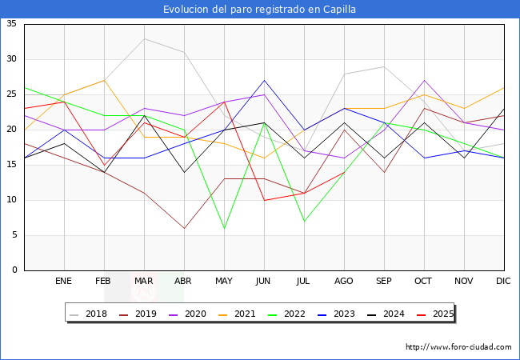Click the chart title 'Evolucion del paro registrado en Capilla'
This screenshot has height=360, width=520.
click(260, 9)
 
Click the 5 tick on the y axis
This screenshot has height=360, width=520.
click(14, 235)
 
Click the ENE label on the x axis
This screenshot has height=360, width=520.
click(64, 282)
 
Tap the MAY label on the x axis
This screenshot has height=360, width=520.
click(224, 282)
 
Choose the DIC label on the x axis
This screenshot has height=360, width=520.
click(504, 282)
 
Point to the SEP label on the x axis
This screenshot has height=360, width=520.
click(384, 282)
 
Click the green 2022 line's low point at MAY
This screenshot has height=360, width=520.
click(224, 228)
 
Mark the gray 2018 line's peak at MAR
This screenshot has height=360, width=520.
click(144, 38)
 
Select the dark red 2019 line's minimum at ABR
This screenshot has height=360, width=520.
click(184, 228)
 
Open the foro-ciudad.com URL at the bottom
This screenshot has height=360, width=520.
click(458, 347)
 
